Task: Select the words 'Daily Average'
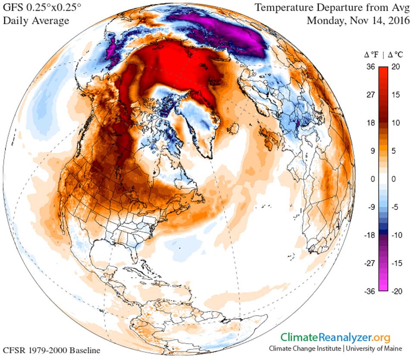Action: tap(36, 21)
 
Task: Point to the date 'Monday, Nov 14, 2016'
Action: tap(358, 21)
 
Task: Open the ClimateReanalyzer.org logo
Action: tap(336, 337)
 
